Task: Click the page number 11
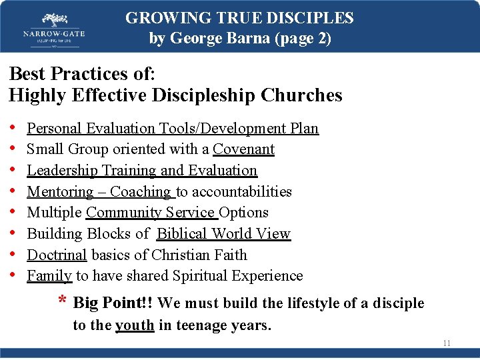point(447,343)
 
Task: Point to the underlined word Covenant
point(243,149)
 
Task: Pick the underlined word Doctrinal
point(57,255)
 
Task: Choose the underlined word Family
point(49,275)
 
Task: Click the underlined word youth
point(135,325)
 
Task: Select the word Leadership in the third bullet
point(62,170)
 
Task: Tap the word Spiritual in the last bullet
point(203,275)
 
